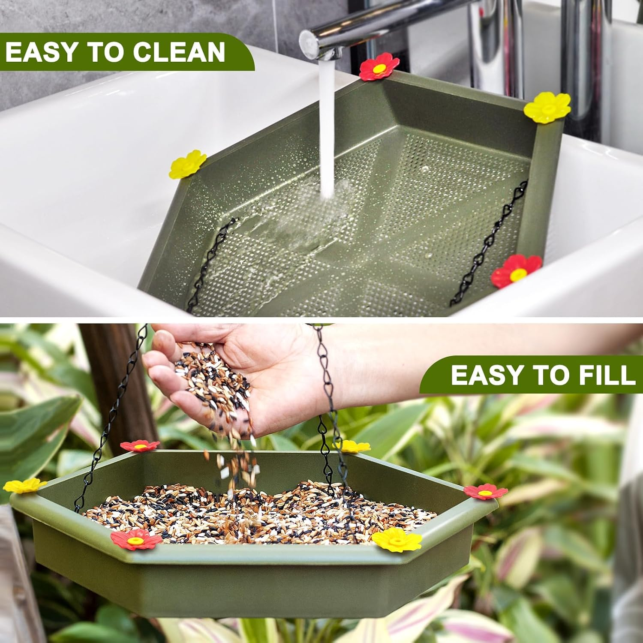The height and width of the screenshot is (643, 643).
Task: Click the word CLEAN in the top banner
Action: (179, 52)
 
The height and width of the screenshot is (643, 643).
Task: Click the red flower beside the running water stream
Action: (379, 67)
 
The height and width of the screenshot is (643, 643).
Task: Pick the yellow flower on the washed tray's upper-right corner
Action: (547, 107)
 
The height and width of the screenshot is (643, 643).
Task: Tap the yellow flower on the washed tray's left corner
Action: (188, 164)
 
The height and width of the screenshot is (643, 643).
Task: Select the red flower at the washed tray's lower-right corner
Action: (516, 271)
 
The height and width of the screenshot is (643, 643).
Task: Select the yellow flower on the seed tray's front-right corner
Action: (396, 539)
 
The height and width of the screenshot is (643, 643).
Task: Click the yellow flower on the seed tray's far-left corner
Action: (24, 485)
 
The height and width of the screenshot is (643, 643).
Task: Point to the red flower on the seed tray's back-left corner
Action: (140, 446)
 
